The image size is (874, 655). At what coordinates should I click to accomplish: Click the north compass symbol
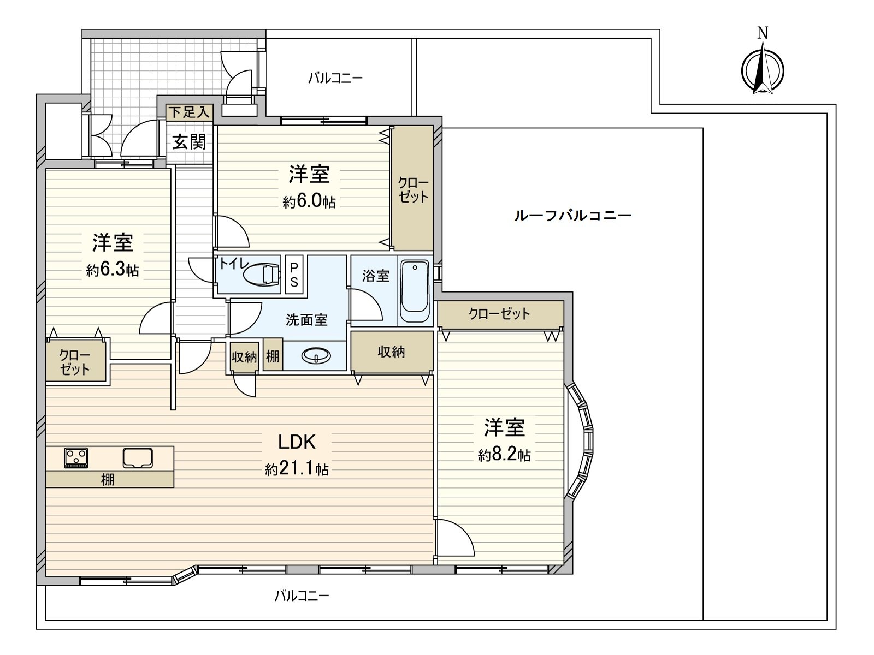tap(762, 70)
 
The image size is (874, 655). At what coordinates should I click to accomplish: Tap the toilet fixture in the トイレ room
tap(262, 275)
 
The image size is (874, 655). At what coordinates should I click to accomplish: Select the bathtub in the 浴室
tap(415, 291)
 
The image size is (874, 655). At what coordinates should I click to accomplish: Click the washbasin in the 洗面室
tap(316, 355)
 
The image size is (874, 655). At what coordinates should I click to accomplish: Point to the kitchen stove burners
tap(76, 458)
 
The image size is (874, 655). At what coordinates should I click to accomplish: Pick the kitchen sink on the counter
tap(138, 458)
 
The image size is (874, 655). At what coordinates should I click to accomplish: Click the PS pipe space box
tap(294, 275)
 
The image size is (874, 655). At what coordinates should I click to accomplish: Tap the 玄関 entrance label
tap(189, 142)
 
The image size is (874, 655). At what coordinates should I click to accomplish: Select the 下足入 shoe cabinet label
tap(189, 112)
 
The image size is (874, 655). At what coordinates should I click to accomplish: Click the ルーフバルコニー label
tap(573, 216)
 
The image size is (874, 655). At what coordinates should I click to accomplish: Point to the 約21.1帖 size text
tap(297, 469)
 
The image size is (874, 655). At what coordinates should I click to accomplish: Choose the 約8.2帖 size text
tap(505, 455)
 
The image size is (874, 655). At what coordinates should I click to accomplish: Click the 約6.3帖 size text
tap(113, 270)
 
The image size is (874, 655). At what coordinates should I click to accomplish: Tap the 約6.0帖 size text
tap(309, 201)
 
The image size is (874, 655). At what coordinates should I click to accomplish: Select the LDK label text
tap(297, 442)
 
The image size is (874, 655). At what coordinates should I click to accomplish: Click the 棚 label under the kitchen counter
tap(108, 480)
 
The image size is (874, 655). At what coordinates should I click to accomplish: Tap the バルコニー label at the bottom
tap(302, 596)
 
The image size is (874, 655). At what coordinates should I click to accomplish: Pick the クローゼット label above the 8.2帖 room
tap(499, 314)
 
